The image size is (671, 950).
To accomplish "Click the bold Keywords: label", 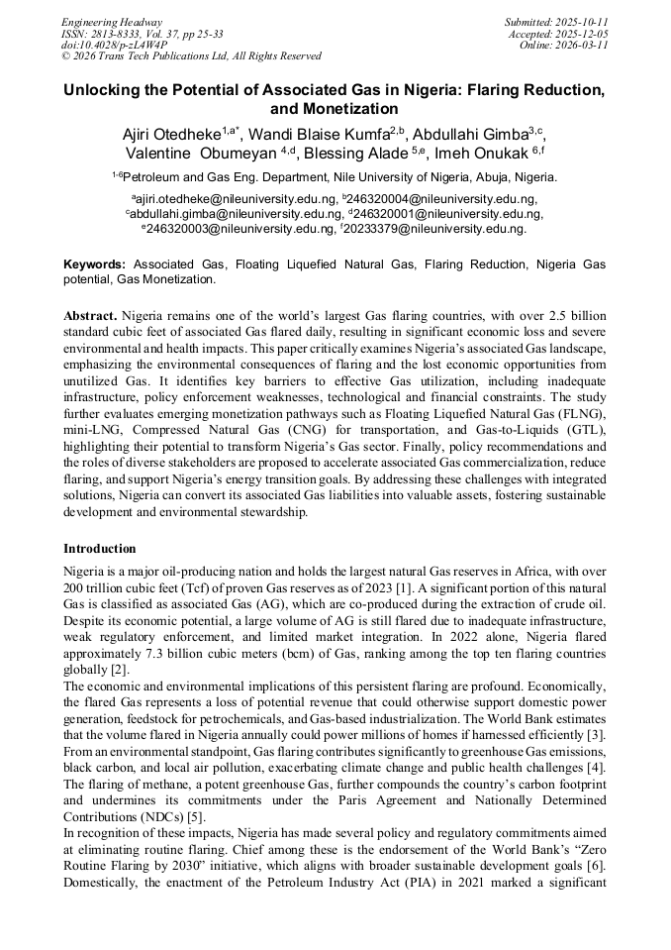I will pyautogui.click(x=95, y=265).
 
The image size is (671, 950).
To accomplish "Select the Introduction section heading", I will pyautogui.click(x=100, y=549).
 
